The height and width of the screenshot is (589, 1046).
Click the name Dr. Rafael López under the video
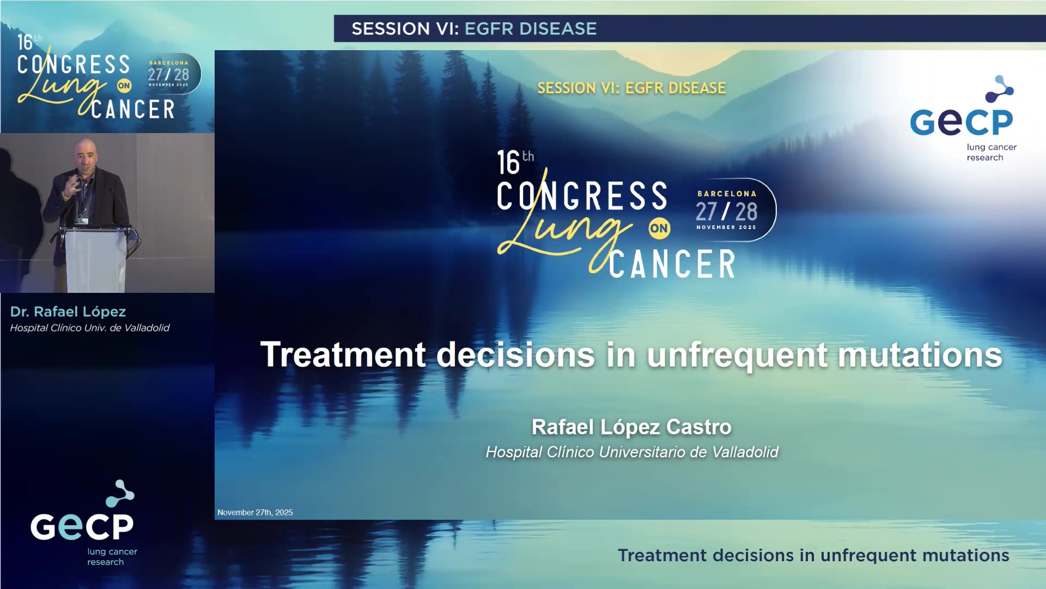[x=68, y=312]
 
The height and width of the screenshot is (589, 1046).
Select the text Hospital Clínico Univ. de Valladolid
[x=90, y=328]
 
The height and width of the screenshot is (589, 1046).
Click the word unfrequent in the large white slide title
[x=737, y=355]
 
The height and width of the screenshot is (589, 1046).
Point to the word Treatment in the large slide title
[x=343, y=355]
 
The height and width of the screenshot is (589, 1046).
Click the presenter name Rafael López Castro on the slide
[x=631, y=427]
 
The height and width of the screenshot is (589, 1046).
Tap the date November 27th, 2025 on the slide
[x=255, y=513]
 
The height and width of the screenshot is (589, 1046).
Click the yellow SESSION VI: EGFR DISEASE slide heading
[x=631, y=88]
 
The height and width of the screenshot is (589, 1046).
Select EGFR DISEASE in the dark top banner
[x=530, y=29]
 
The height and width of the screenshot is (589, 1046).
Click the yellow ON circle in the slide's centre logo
[x=659, y=229]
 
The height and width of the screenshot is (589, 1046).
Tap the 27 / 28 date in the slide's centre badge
[x=726, y=212]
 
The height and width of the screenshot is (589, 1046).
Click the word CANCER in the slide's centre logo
[x=672, y=265]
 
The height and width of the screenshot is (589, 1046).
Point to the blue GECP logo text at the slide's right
[x=961, y=122]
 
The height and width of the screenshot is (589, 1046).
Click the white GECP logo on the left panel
[x=82, y=526]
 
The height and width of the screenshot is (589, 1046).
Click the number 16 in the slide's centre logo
[x=508, y=163]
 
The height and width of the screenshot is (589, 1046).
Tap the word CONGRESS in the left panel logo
[x=74, y=65]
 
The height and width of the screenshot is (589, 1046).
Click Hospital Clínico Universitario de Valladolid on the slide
[x=631, y=452]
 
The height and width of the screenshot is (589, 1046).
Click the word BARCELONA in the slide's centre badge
[x=727, y=194]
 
